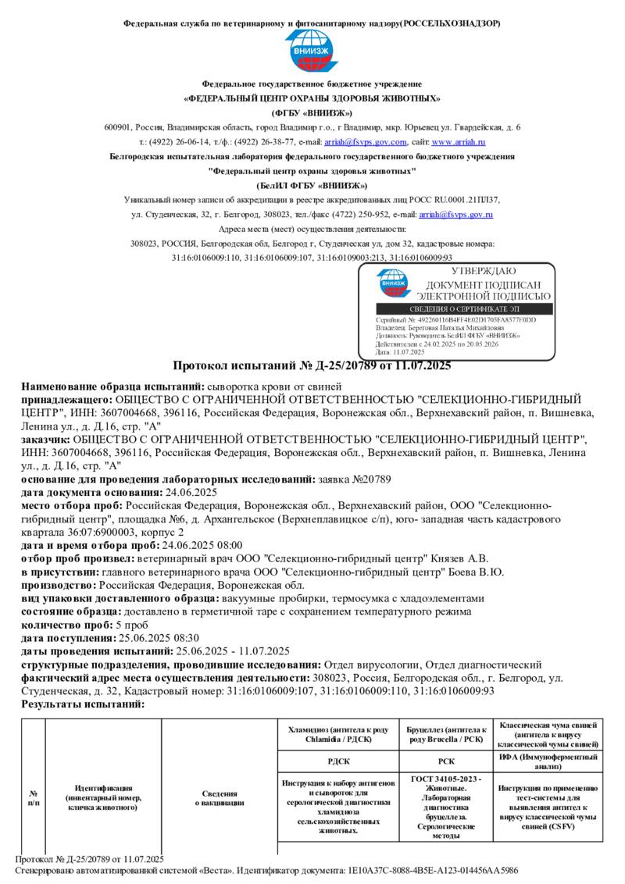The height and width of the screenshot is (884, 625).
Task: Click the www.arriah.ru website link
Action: pyautogui.click(x=459, y=142)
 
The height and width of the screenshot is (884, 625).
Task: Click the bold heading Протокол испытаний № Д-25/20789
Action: pyautogui.click(x=312, y=365)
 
